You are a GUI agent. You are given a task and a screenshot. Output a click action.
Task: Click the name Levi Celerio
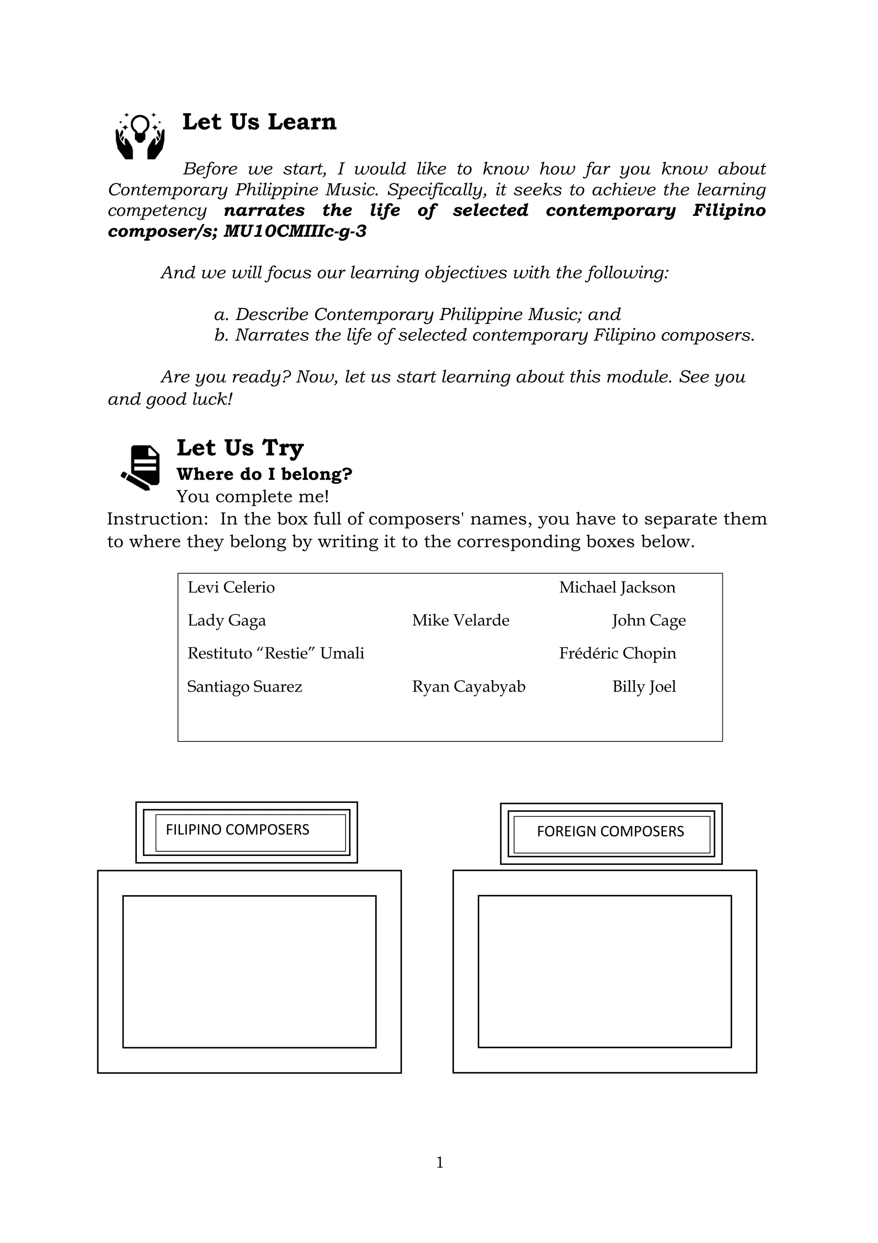(x=231, y=587)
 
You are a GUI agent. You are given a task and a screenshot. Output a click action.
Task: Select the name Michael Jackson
(x=617, y=587)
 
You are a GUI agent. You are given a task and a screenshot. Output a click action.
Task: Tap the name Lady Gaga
(x=227, y=620)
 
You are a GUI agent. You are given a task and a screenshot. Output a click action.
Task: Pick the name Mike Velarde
(x=460, y=620)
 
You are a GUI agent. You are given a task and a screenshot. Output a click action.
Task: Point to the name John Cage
(x=649, y=620)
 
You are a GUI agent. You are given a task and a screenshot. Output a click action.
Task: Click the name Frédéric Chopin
(x=617, y=653)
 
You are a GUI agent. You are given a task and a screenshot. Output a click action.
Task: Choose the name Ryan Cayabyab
(x=469, y=687)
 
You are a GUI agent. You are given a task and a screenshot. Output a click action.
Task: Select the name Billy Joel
(x=644, y=687)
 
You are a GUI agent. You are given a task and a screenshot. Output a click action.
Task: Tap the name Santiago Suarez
(x=244, y=687)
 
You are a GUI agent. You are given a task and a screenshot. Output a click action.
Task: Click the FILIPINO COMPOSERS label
(x=238, y=830)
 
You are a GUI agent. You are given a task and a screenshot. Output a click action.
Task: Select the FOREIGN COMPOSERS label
(x=610, y=832)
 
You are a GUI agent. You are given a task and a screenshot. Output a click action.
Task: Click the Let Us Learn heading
(x=259, y=122)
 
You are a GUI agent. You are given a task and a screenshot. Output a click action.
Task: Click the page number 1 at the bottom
(x=439, y=1162)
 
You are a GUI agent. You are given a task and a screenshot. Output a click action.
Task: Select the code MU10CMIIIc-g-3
(x=295, y=232)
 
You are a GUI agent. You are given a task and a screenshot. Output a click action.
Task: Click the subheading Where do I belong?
(x=265, y=474)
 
